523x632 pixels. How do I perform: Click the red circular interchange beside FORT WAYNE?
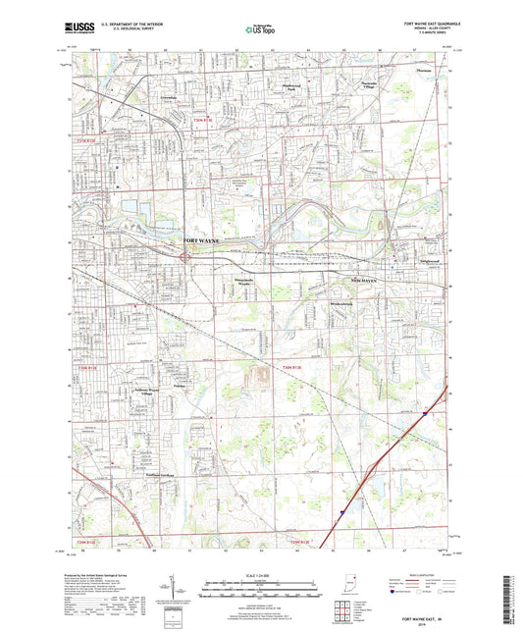(185, 256)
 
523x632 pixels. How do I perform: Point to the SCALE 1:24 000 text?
(261, 575)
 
